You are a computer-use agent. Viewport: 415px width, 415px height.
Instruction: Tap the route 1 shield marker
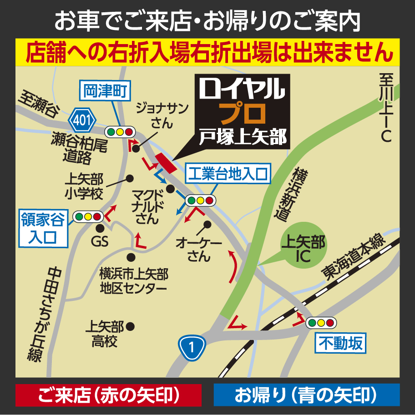click(x=191, y=348)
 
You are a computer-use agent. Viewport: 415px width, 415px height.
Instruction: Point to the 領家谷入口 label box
click(x=43, y=229)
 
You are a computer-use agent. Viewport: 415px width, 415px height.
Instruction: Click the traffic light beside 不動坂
click(x=321, y=323)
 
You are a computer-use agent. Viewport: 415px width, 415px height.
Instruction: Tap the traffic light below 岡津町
click(x=120, y=132)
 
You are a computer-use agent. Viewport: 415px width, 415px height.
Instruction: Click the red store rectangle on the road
click(x=165, y=163)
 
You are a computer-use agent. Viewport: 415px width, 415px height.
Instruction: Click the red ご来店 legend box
click(x=108, y=395)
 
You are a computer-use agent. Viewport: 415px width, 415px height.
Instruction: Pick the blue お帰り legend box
click(x=306, y=395)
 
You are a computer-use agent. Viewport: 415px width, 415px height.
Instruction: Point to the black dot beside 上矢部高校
click(x=131, y=326)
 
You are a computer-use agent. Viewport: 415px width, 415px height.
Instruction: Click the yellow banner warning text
click(x=207, y=52)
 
